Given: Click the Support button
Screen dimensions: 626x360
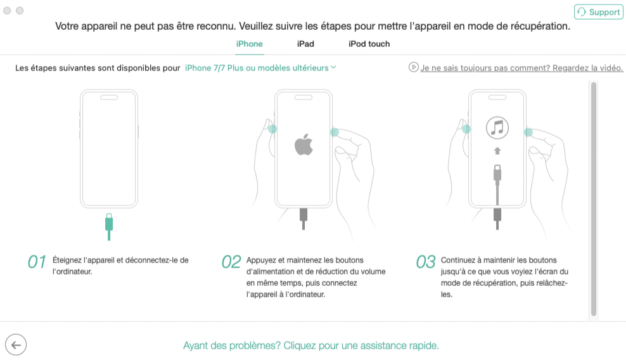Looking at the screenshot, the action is (599, 12).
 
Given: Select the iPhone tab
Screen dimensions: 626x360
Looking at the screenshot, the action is (249, 44).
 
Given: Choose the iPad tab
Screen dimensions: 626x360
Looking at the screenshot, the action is (305, 44).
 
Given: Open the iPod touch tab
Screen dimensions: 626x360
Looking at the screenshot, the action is (369, 44).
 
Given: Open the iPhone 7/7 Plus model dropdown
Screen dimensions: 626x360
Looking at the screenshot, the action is (260, 68).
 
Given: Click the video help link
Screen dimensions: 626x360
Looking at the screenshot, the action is (521, 68).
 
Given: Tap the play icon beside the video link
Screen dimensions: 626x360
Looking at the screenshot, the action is (413, 67).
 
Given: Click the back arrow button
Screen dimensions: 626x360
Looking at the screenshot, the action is (16, 345).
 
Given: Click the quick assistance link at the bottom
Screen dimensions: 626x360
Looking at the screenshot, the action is (311, 345).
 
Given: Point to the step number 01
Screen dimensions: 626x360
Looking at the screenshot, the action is (37, 262).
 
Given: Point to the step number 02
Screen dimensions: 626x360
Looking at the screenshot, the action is (231, 262).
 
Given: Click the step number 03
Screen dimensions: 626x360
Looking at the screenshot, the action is (426, 262).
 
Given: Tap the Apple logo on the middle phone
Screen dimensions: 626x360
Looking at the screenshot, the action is (304, 145).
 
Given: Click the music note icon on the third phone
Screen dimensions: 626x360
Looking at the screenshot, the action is (497, 128).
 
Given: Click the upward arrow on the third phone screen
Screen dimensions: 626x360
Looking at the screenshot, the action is (497, 151).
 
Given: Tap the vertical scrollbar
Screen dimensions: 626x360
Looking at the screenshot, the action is (594, 199).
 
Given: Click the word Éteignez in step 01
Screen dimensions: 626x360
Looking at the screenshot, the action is (67, 260).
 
